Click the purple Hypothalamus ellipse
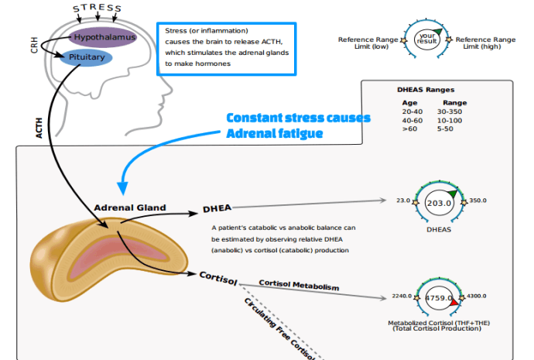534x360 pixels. click(x=104, y=37)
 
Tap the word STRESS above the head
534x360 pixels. click(x=97, y=9)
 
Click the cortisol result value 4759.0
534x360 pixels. click(x=438, y=297)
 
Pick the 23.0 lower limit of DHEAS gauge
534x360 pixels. click(x=402, y=201)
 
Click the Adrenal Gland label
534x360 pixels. click(x=130, y=207)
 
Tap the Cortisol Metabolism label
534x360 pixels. click(x=299, y=286)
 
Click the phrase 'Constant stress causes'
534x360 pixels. click(x=298, y=118)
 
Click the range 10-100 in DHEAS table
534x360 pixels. click(x=450, y=120)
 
